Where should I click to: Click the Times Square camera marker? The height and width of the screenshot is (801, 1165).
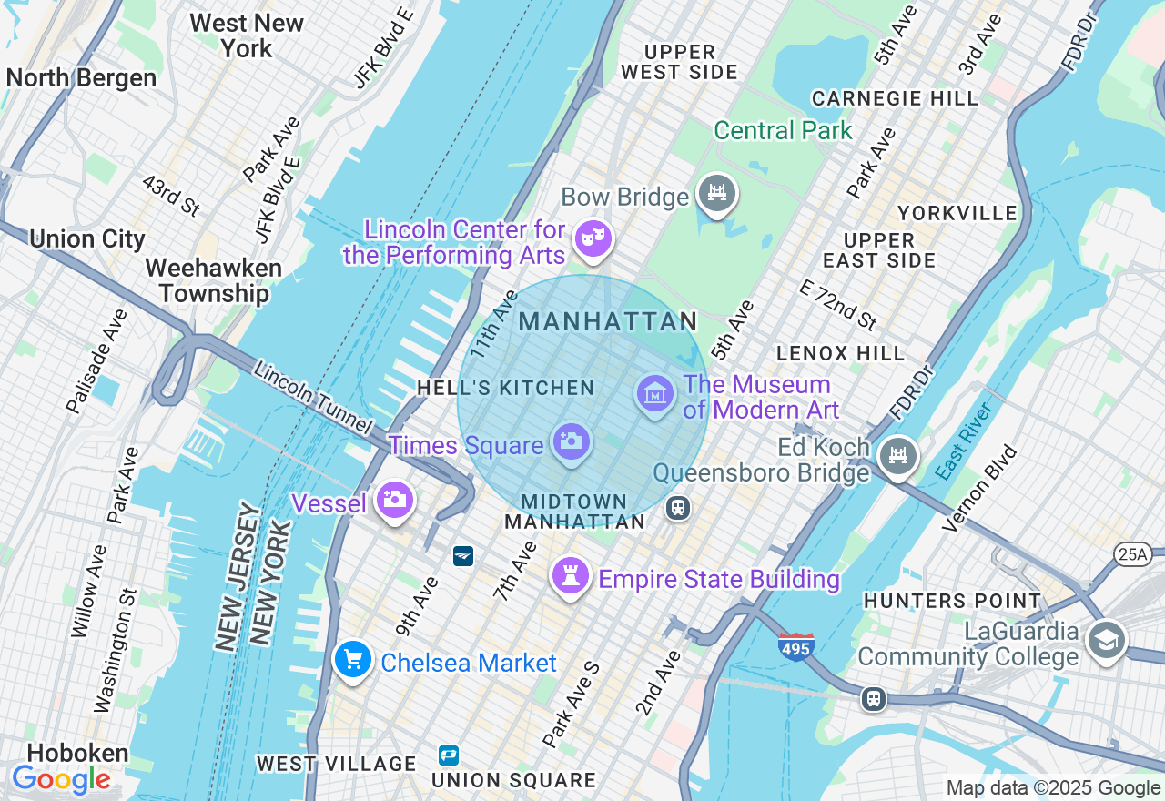(x=571, y=443)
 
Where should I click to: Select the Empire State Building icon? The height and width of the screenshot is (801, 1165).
(x=571, y=575)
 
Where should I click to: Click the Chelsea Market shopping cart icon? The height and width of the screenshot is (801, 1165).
(x=352, y=660)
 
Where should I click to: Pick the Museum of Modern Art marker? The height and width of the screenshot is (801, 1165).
(x=654, y=394)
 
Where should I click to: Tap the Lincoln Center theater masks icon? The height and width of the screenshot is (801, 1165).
(x=593, y=239)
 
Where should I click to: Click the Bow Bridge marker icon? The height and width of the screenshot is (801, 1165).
(x=717, y=193)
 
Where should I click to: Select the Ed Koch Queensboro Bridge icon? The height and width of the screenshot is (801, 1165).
(x=898, y=454)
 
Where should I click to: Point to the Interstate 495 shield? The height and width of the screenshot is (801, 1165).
(x=795, y=646)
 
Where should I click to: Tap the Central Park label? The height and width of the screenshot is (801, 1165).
(x=783, y=130)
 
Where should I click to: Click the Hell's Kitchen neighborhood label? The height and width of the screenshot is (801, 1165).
(x=505, y=388)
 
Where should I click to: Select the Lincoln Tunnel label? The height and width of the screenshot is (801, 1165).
(x=313, y=398)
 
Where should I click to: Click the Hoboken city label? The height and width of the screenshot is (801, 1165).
(x=65, y=753)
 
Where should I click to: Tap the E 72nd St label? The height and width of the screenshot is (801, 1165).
(x=838, y=303)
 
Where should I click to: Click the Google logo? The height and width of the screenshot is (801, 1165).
(x=61, y=780)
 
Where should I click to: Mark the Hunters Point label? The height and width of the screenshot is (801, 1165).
(x=952, y=601)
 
